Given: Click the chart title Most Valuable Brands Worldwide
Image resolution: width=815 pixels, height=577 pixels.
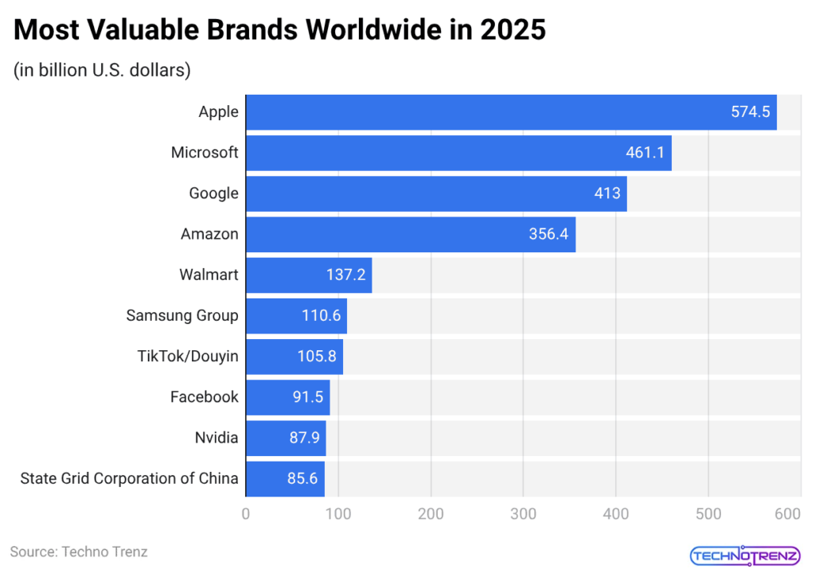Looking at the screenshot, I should pyautogui.click(x=279, y=30).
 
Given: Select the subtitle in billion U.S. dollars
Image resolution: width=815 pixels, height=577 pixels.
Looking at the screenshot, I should pyautogui.click(x=101, y=70).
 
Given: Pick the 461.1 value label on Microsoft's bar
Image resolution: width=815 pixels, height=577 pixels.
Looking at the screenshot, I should pyautogui.click(x=645, y=153).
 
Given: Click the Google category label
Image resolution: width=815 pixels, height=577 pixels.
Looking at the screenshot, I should pyautogui.click(x=213, y=193).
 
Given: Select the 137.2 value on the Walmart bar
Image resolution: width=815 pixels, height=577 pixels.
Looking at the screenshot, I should pyautogui.click(x=345, y=275).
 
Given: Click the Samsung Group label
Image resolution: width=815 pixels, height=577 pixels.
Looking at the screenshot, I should pyautogui.click(x=182, y=315).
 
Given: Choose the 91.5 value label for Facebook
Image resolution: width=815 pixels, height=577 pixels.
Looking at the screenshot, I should pyautogui.click(x=306, y=397).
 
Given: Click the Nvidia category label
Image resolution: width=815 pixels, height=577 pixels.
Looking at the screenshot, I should pyautogui.click(x=216, y=438).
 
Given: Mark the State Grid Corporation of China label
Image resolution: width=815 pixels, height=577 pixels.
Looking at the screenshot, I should pyautogui.click(x=129, y=478).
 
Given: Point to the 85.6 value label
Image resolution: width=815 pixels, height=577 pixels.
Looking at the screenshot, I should pyautogui.click(x=302, y=478).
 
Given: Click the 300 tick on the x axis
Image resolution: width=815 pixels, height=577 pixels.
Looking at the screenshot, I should pyautogui.click(x=523, y=515).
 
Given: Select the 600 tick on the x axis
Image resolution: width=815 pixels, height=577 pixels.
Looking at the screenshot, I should pyautogui.click(x=787, y=515).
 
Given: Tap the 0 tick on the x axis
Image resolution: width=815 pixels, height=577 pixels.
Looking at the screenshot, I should pyautogui.click(x=246, y=515).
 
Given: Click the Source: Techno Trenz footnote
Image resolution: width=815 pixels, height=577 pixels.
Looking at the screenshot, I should pyautogui.click(x=79, y=552).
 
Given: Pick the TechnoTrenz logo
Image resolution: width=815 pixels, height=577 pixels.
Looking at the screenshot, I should pyautogui.click(x=745, y=555).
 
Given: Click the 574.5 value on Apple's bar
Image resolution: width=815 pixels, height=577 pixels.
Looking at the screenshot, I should pyautogui.click(x=751, y=112).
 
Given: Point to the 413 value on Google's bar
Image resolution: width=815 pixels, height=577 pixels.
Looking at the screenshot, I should pyautogui.click(x=607, y=193).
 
